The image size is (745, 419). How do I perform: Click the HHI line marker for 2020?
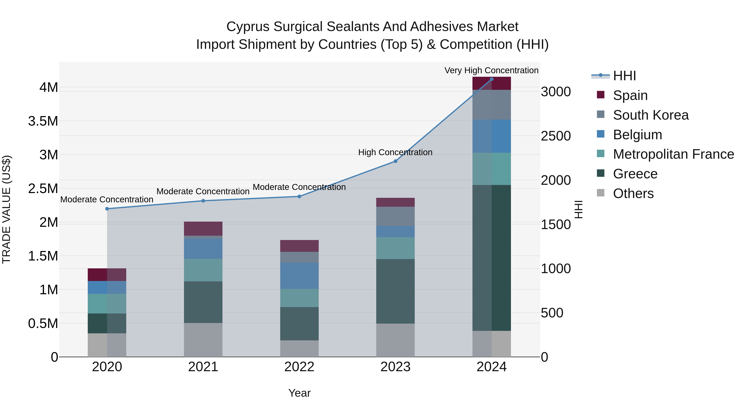click(x=107, y=209)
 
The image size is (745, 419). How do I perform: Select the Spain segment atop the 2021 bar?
click(x=203, y=228)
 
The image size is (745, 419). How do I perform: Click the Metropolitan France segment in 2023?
click(x=395, y=248)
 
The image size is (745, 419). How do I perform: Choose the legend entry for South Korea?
click(x=650, y=115)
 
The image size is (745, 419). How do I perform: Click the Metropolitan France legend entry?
click(x=673, y=154)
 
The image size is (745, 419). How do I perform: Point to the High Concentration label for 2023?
click(x=395, y=152)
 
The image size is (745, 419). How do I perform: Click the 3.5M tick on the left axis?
click(x=43, y=121)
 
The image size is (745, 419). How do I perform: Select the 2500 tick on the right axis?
click(x=556, y=136)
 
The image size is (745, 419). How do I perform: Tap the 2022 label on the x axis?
click(x=299, y=367)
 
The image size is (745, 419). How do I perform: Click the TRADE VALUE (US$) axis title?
click(x=6, y=209)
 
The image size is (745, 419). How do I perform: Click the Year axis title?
click(x=299, y=393)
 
